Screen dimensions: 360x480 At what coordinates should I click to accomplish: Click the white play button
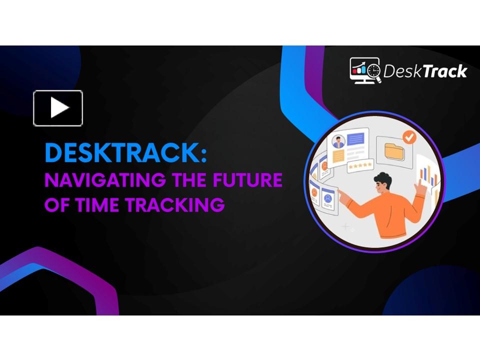click(x=58, y=108)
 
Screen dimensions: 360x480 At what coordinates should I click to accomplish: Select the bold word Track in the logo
click(x=444, y=71)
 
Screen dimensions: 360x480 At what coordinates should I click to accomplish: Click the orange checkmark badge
click(x=409, y=136)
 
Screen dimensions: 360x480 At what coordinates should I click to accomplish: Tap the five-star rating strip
click(x=361, y=165)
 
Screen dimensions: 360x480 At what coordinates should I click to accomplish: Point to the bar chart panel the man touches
click(x=426, y=172)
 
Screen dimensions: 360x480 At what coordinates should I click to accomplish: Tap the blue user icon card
click(x=328, y=197)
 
